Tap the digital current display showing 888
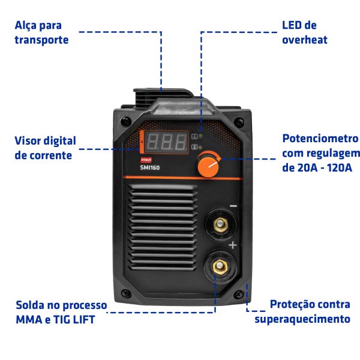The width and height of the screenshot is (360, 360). tap(166, 142)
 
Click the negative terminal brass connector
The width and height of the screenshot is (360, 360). tap(220, 224)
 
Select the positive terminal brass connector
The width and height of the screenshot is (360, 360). tap(220, 266)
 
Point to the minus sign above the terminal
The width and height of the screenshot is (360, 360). tap(233, 206)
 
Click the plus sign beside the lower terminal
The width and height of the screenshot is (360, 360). tap(233, 245)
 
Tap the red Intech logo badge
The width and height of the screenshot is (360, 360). tap(146, 160)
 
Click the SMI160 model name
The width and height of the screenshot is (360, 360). tap(149, 167)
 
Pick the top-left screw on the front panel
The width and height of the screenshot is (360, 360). tap(126, 121)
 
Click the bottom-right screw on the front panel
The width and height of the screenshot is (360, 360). tap(239, 294)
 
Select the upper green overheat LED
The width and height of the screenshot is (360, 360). tap(200, 136)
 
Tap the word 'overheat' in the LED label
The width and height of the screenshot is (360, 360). tap(304, 40)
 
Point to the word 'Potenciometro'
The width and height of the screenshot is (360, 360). tap(320, 139)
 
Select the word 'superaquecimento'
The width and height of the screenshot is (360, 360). tap(302, 319)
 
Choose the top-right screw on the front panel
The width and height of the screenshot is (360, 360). tap(239, 121)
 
